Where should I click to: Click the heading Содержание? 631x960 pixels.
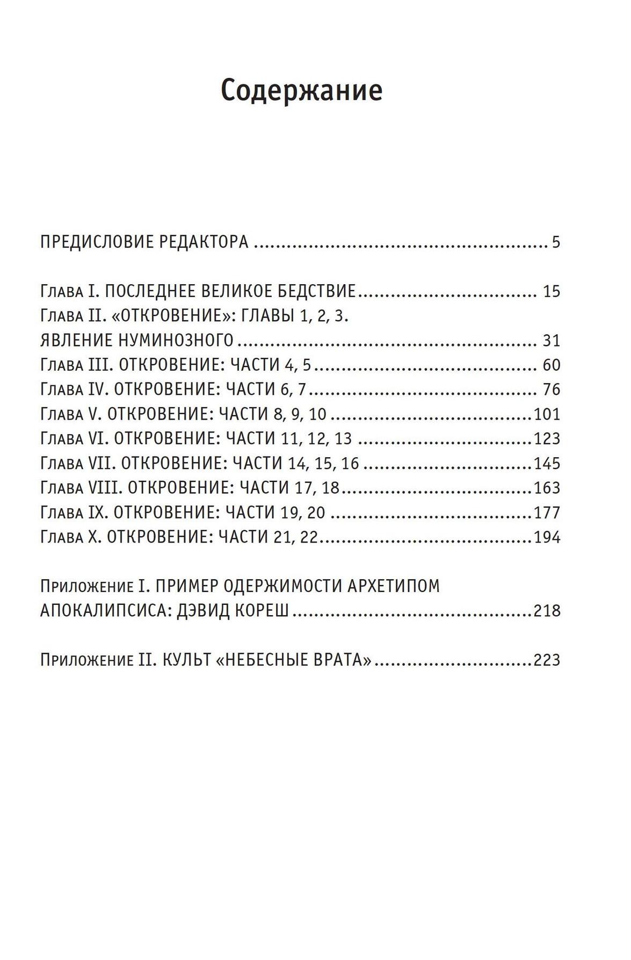coord(301,90)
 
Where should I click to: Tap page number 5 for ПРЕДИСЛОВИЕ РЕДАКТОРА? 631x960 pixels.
coord(556,242)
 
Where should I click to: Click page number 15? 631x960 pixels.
coord(552,292)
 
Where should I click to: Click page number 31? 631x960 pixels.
coord(552,341)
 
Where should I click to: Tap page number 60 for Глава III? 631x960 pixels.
coord(552,365)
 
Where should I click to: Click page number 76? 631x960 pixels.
coord(552,390)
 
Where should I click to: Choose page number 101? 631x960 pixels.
coord(547,415)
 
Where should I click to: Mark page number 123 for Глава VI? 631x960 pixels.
coord(547,439)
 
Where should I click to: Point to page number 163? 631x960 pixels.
coord(547,488)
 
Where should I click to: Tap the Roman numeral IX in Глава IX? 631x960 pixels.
coord(98,513)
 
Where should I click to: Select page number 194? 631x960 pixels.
coord(547,538)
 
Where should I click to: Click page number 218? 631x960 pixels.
coord(547,611)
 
